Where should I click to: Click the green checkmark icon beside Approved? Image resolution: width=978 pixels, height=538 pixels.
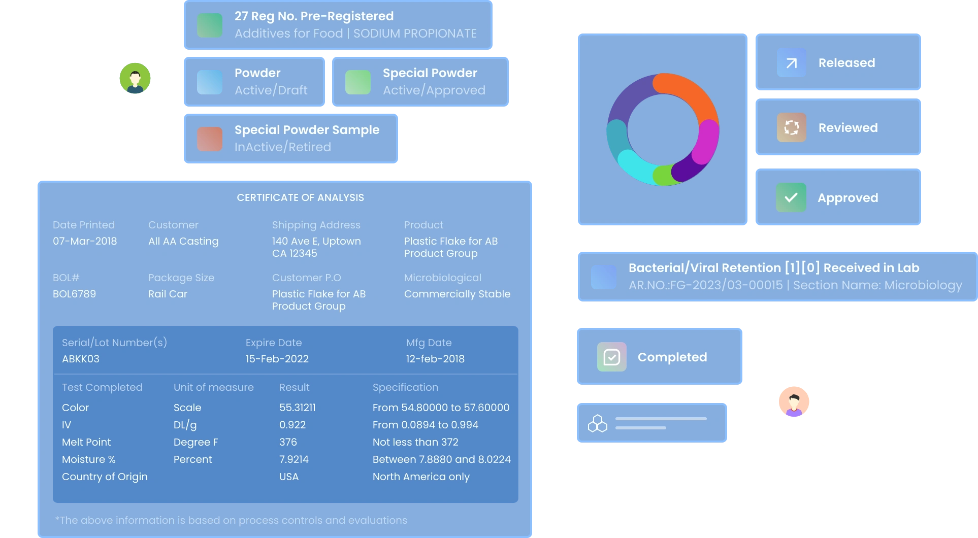(791, 197)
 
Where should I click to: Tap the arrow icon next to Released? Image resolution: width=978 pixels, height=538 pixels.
(791, 62)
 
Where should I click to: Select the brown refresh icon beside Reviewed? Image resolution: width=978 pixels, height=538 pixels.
(791, 127)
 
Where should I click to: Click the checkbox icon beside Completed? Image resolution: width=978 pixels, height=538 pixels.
(611, 357)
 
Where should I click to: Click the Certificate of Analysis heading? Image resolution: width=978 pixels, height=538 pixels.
(300, 197)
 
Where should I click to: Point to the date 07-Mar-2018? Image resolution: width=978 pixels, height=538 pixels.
(85, 241)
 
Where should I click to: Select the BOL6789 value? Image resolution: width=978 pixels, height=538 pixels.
(74, 294)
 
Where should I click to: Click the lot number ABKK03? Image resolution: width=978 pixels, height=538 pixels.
(80, 359)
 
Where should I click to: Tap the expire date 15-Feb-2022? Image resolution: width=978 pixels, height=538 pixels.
(277, 359)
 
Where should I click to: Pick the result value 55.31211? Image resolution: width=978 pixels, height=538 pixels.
(297, 408)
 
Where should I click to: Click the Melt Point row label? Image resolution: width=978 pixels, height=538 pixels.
(86, 442)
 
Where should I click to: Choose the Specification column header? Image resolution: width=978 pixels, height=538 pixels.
(405, 387)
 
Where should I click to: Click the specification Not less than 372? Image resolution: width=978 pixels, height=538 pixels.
(415, 442)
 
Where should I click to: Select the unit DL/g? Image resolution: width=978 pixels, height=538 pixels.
(185, 425)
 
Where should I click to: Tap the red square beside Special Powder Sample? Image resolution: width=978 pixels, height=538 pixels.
(210, 139)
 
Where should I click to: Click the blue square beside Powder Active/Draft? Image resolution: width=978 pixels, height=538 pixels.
(210, 82)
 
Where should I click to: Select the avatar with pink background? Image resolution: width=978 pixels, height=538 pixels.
(794, 401)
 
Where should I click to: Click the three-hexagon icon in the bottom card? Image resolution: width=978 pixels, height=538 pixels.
(597, 423)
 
